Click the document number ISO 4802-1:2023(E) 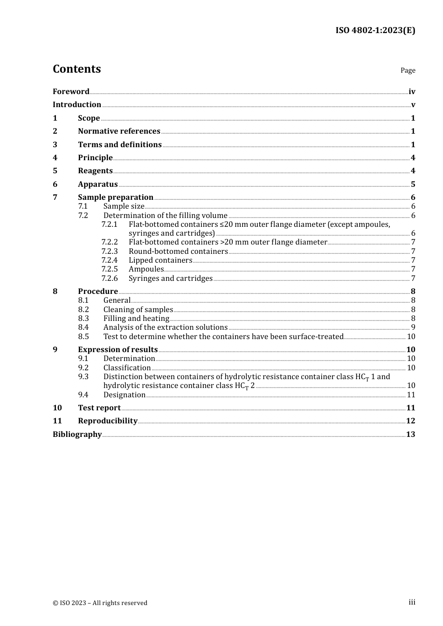point(375,30)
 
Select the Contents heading point(76,69)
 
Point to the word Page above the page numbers point(408,70)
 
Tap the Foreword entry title point(71,91)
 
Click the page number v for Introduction point(413,105)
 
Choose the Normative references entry point(119,131)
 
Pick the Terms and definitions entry point(119,144)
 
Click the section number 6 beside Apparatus point(55,184)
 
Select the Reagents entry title point(95,171)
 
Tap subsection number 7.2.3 point(110,252)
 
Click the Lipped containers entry point(160,260)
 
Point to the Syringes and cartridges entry point(170,279)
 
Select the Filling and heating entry point(136,319)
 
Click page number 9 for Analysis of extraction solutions point(413,327)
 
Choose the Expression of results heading point(118,350)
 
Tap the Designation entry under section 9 point(124,395)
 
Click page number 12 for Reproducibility point(410,421)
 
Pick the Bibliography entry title point(77,435)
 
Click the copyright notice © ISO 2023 point(100,603)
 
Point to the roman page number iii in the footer point(412,602)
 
